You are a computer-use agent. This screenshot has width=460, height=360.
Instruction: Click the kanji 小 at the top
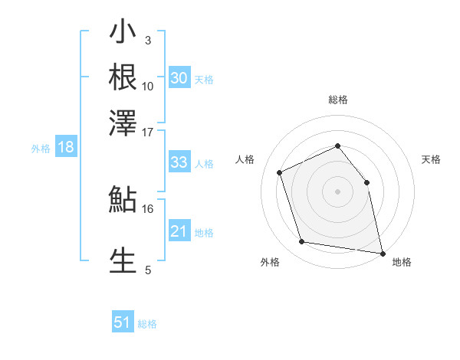tap(123, 35)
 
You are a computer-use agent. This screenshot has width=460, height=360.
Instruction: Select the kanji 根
tap(123, 78)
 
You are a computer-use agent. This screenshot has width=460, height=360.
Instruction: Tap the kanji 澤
tap(123, 123)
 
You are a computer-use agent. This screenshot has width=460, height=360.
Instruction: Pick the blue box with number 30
tap(179, 78)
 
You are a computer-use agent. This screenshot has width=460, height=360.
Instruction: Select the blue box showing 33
tap(179, 162)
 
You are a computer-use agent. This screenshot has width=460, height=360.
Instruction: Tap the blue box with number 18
tap(66, 148)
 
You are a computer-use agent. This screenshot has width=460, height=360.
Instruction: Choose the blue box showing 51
tap(123, 322)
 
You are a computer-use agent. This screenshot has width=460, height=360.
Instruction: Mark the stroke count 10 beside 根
tap(148, 86)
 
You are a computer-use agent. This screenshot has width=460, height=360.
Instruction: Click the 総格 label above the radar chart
tap(337, 100)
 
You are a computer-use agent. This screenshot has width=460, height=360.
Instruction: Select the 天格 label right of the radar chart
tap(432, 159)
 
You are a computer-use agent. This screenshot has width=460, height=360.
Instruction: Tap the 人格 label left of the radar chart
tap(245, 159)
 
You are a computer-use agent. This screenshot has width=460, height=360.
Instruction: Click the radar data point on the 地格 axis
tap(382, 252)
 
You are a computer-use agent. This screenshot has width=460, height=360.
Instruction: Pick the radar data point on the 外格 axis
tap(302, 242)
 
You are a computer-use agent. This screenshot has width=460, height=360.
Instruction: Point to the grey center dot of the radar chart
tap(337, 191)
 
